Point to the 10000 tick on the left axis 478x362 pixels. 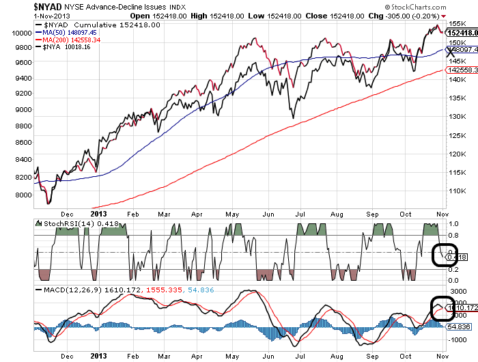pyautogui.click(x=22, y=32)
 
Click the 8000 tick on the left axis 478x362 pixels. pyautogui.click(x=24, y=195)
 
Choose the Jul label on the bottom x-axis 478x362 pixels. pyautogui.click(x=300, y=355)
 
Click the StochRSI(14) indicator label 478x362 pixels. pyautogui.click(x=66, y=223)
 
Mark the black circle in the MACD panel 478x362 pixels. pyautogui.click(x=442, y=308)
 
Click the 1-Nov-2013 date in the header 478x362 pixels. pyautogui.click(x=18, y=14)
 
